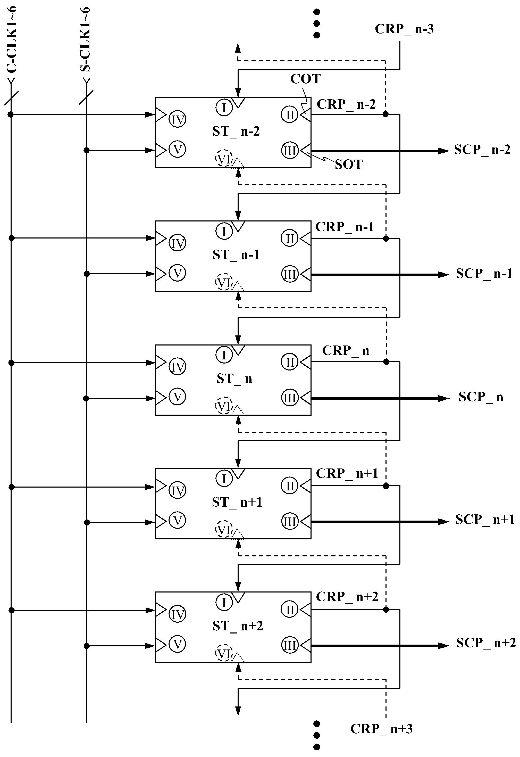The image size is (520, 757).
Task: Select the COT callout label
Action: click(305, 79)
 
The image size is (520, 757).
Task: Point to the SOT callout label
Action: click(349, 164)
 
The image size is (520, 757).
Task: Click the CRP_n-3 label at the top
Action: click(404, 29)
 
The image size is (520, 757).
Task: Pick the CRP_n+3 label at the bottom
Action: click(381, 728)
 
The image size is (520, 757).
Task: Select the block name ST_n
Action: click(234, 378)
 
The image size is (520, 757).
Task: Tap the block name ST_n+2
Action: click(238, 626)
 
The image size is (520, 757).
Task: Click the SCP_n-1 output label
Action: click(484, 274)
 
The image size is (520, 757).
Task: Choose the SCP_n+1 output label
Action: click(485, 519)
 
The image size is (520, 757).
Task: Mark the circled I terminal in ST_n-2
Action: click(224, 107)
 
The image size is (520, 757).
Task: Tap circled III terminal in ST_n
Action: click(290, 398)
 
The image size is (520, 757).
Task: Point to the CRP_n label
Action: click(346, 350)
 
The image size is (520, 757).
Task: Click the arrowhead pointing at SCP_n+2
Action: click(444, 646)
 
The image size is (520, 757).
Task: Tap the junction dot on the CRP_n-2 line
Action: click(385, 114)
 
